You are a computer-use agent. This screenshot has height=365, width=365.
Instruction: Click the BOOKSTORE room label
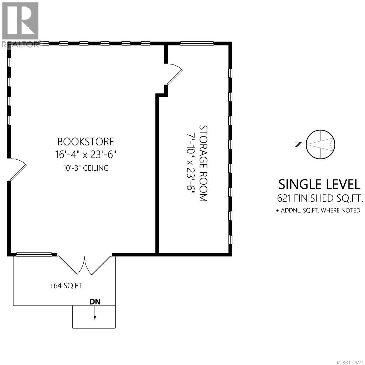(86, 142)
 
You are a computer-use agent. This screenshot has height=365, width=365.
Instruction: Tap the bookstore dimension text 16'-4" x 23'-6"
(86, 155)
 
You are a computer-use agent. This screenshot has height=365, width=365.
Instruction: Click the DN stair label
(95, 302)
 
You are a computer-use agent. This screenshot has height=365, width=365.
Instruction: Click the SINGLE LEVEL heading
(322, 184)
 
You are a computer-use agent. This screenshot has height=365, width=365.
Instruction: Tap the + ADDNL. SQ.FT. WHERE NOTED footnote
(318, 210)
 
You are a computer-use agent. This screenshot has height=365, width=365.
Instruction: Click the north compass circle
(320, 144)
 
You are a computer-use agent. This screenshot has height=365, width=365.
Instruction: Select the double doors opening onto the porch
(85, 263)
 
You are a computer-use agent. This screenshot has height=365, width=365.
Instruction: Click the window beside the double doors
(33, 254)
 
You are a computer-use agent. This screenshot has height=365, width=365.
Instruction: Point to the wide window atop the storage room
(197, 43)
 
